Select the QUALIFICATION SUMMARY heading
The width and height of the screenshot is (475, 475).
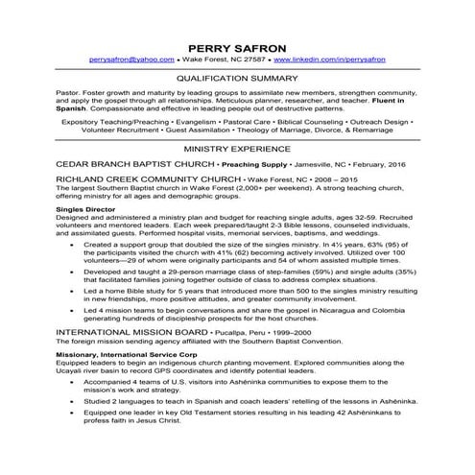[x=237, y=81]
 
